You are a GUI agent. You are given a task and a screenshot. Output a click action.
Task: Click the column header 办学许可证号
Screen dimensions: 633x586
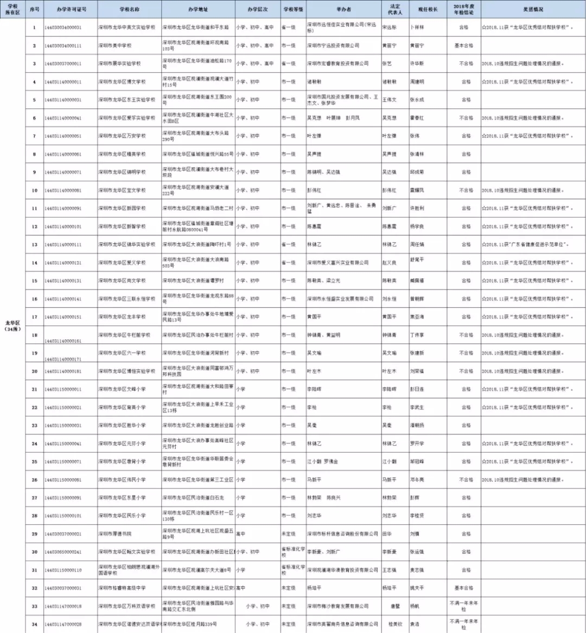click(x=71, y=10)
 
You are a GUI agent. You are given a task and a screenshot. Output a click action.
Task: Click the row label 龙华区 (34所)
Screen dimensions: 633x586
click(x=12, y=326)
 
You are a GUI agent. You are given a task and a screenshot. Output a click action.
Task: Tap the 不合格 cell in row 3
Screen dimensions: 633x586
click(x=466, y=64)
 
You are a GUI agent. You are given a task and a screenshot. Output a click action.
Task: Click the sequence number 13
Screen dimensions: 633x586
click(x=34, y=244)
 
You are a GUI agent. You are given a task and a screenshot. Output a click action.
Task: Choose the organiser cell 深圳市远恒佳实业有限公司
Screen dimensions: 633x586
click(x=342, y=27)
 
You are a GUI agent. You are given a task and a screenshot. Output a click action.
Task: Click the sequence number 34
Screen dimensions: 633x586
click(x=34, y=624)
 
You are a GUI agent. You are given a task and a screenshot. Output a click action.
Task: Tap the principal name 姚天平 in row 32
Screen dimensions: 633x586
click(x=416, y=588)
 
